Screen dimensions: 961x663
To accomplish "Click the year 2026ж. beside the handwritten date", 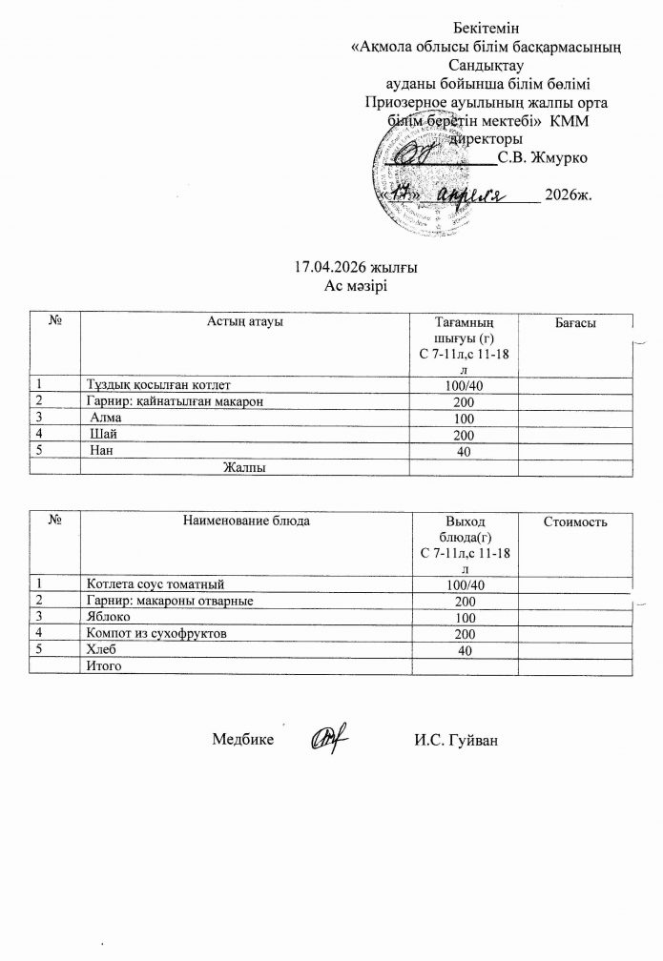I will (x=568, y=196).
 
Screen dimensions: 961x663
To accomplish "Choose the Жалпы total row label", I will (x=243, y=468).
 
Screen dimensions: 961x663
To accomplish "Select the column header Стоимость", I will (x=575, y=521).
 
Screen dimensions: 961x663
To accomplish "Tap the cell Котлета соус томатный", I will (x=156, y=583).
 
